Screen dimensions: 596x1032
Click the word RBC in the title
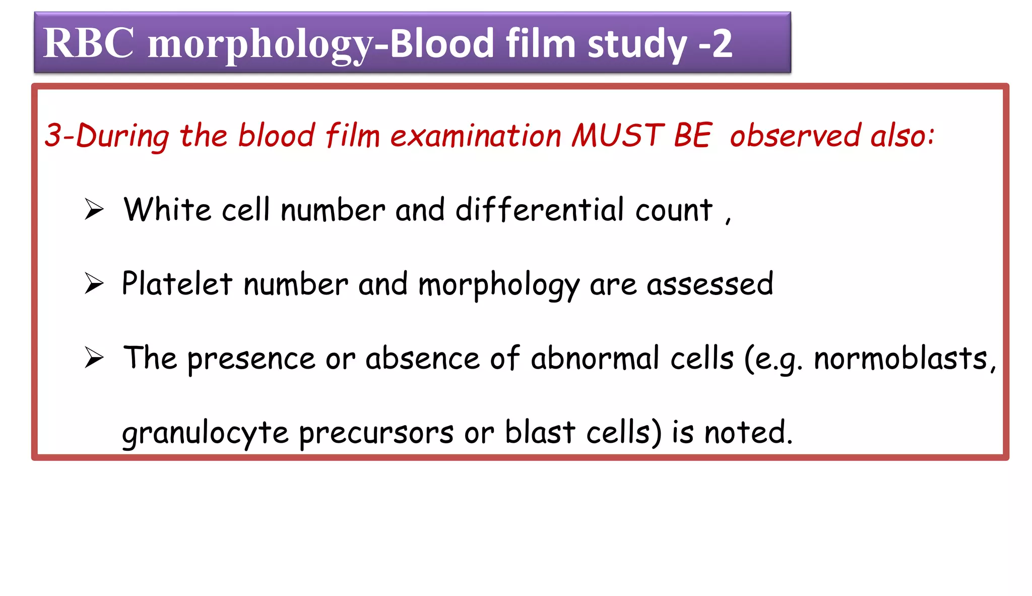pyautogui.click(x=89, y=43)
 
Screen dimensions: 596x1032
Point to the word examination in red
pyautogui.click(x=476, y=136)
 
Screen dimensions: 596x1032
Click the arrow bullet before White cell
pyautogui.click(x=94, y=209)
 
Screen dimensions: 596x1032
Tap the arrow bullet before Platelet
pyautogui.click(x=94, y=283)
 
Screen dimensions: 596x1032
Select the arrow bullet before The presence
pyautogui.click(x=94, y=357)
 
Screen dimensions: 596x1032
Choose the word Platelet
pyautogui.click(x=177, y=283)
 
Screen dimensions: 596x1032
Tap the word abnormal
pyautogui.click(x=595, y=358)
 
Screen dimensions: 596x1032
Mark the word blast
pyautogui.click(x=540, y=432)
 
